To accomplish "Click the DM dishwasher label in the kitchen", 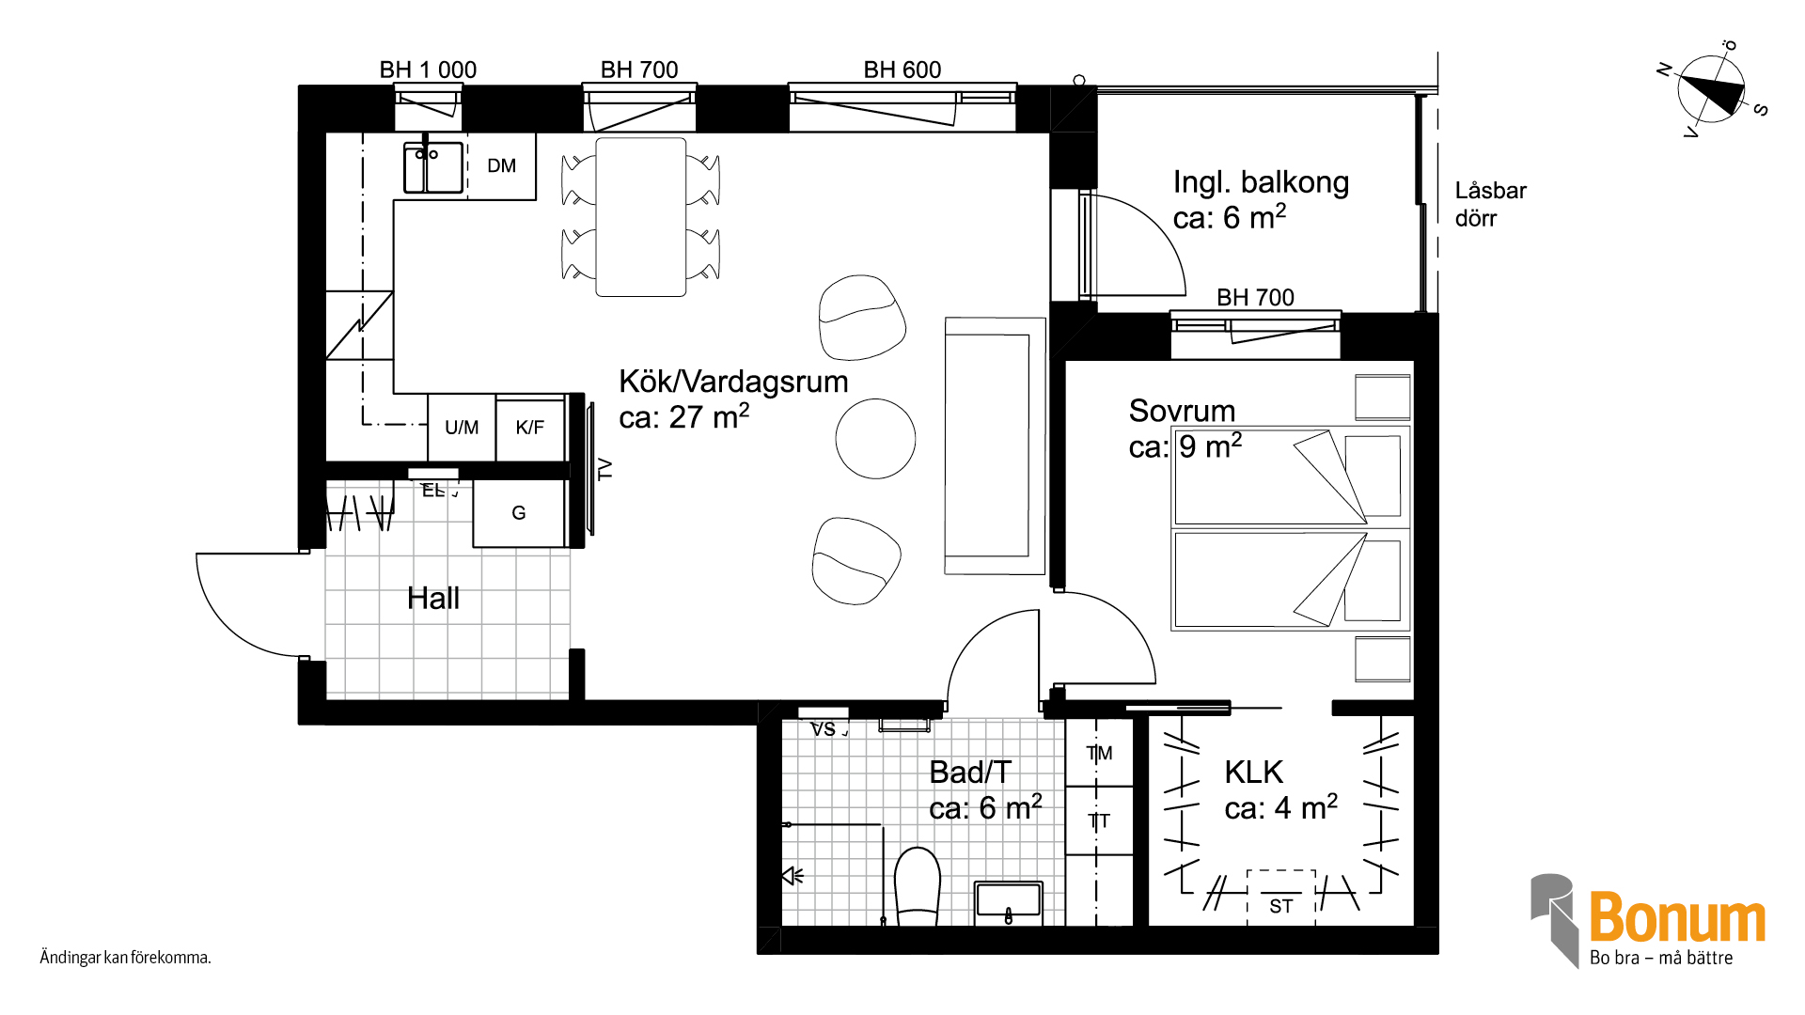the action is (x=501, y=166).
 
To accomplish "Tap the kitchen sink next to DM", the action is (x=433, y=167).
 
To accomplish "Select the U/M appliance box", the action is (x=462, y=428).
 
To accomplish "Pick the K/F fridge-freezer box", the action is (x=530, y=428).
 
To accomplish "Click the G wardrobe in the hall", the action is (x=519, y=513).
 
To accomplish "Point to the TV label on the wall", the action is (x=605, y=469).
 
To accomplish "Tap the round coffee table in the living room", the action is (x=875, y=439).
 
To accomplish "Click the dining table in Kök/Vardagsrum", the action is (x=641, y=217).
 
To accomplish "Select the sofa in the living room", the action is (x=995, y=445).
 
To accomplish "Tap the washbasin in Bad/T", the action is (x=1009, y=902).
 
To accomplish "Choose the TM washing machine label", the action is (x=1099, y=753).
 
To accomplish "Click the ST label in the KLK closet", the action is (x=1281, y=906).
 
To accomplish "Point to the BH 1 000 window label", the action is (x=428, y=70).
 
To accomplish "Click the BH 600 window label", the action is (x=902, y=70).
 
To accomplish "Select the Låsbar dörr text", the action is (x=1490, y=204).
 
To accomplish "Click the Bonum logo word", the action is (x=1678, y=917).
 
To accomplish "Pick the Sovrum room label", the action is (x=1182, y=411).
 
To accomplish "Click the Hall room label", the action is (x=433, y=598).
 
